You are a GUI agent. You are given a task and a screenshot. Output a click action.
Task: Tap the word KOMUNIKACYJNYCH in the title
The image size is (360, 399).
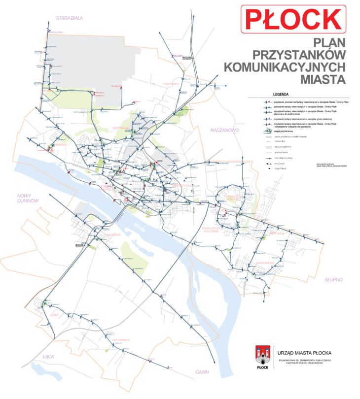[x=285, y=66]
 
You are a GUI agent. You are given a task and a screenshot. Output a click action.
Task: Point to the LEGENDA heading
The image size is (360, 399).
[x=280, y=93]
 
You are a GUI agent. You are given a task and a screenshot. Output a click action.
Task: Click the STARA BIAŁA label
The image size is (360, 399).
[x=69, y=18]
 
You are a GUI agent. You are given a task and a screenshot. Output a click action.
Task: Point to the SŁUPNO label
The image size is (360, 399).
[x=333, y=279]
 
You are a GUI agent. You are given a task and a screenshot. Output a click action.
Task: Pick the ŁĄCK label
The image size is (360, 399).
[x=48, y=356]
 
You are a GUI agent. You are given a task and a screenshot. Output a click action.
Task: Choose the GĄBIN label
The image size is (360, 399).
[x=202, y=371]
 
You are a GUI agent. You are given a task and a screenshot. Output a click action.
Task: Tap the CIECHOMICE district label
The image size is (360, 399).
[x=120, y=339]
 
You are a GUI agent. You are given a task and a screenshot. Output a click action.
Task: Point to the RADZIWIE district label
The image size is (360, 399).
[x=112, y=234]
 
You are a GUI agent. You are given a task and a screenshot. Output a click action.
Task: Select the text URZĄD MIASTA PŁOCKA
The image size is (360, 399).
[x=304, y=353]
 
